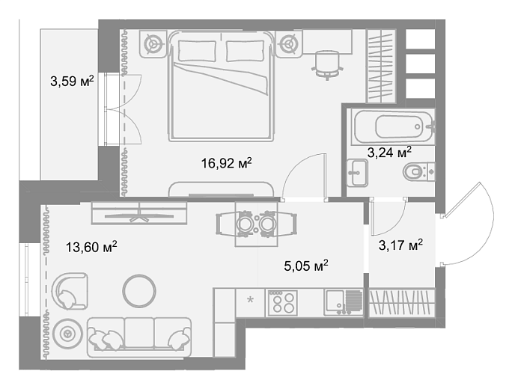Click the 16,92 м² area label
[x=226, y=163]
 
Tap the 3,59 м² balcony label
[x=72, y=81]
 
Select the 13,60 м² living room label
[x=91, y=247]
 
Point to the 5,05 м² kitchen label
[x=306, y=266]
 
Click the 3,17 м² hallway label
[x=400, y=245]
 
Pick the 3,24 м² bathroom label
[x=389, y=152]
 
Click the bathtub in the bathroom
[x=393, y=126]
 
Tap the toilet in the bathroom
[x=419, y=171]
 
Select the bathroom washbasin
[x=357, y=173]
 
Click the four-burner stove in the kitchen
[x=283, y=303]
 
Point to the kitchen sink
[x=344, y=303]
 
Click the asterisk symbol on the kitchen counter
[x=250, y=299]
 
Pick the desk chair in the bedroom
[x=328, y=65]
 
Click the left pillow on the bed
[x=197, y=51]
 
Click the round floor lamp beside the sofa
[x=68, y=334]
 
